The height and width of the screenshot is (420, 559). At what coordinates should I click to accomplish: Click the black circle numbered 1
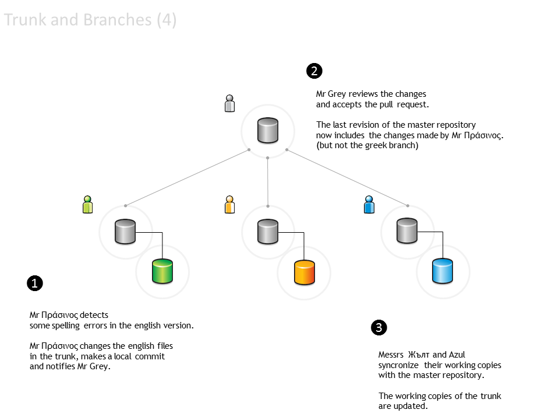coord(35,283)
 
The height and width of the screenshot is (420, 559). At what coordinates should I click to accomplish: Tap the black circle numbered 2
coord(314,71)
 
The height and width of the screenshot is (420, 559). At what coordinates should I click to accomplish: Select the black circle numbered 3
coord(378,327)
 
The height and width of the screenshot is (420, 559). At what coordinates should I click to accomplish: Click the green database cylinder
coord(162,271)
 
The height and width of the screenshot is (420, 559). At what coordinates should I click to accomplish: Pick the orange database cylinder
coord(304,272)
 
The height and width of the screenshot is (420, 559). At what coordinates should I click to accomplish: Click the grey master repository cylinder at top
coord(268,130)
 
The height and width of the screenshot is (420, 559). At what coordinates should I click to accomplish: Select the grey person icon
coord(230,103)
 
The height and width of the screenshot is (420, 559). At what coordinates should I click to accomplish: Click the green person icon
coord(88,204)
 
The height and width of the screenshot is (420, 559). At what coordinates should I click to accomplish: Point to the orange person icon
coord(230,204)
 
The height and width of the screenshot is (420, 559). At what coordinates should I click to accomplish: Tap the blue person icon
coord(369,204)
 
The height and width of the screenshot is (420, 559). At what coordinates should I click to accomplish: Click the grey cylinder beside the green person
coord(125,232)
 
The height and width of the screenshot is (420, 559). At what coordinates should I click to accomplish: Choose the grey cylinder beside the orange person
coord(268,232)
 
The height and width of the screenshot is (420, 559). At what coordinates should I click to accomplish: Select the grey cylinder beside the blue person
coord(408,232)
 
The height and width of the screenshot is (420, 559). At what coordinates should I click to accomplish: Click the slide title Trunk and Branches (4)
coord(90,20)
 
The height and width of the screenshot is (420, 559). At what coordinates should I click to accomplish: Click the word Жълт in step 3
coord(419,354)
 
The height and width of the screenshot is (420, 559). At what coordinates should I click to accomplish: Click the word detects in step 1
coord(95,314)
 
